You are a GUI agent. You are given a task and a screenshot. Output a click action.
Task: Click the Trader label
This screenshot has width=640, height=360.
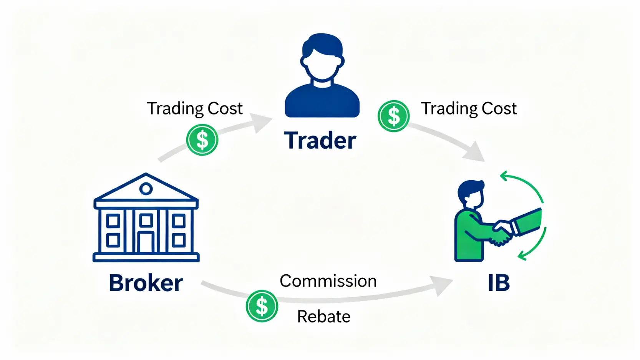click(320, 141)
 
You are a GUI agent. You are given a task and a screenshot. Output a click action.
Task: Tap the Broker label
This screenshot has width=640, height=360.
click(146, 283)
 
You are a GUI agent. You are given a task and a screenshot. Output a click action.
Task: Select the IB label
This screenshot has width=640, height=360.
click(498, 283)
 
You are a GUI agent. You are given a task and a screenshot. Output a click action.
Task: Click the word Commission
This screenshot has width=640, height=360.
click(328, 281)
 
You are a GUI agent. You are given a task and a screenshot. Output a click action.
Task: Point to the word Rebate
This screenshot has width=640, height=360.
click(323, 317)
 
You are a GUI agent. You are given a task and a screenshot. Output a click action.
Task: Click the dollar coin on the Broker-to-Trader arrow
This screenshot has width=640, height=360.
click(202, 140)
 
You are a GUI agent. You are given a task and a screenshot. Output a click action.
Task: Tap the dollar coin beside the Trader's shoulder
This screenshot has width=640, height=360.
click(393, 116)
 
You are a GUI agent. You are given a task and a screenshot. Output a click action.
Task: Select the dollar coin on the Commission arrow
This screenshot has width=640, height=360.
click(262, 306)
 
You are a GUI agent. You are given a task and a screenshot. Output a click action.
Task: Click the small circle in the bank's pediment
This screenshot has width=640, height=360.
click(146, 189)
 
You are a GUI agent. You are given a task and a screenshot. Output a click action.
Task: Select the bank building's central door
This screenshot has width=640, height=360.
click(146, 242)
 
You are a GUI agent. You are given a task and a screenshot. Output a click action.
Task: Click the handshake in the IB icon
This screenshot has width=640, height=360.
click(501, 232)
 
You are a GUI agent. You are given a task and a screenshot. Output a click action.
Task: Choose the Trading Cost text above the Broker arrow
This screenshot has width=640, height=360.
click(194, 109)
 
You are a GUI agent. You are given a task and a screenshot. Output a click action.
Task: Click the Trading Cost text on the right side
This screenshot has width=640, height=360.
click(468, 109)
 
